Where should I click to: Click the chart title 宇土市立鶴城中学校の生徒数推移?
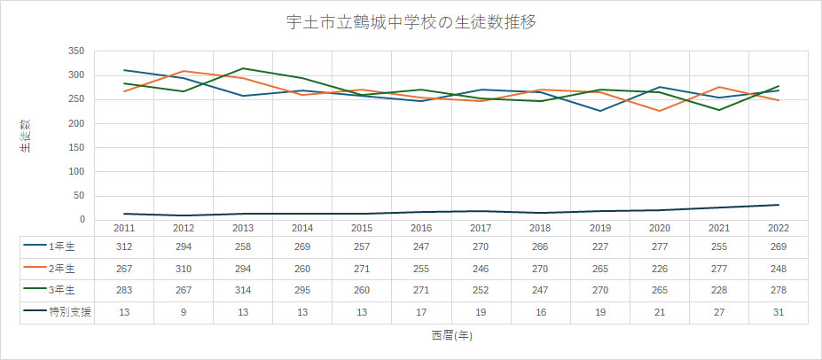tap(411, 21)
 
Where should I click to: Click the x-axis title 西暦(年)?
tap(451, 335)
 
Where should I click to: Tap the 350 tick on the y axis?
tap(75, 51)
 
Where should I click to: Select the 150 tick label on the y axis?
tap(75, 147)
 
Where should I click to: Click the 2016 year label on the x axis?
tap(421, 228)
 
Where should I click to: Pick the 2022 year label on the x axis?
tap(779, 228)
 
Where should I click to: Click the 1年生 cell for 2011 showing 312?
tap(123, 246)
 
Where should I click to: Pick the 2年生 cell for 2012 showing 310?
tap(183, 269)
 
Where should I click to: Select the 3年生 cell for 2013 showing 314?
tap(242, 291)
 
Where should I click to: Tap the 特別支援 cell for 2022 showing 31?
tap(779, 313)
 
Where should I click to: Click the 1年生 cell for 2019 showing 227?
tap(600, 246)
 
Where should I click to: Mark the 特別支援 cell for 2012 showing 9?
tap(183, 313)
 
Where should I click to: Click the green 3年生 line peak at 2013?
tap(242, 68)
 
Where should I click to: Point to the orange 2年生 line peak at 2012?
tap(183, 71)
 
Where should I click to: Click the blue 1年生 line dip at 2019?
tap(600, 111)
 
